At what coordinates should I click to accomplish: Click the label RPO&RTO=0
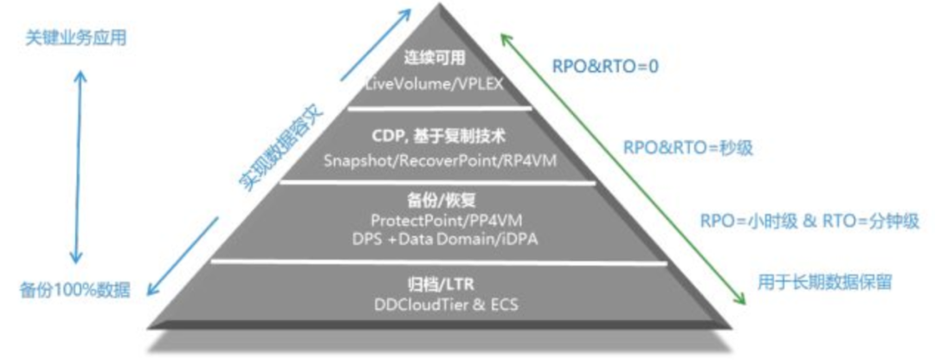(x=606, y=66)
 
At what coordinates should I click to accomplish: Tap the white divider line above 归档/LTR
(x=441, y=260)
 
